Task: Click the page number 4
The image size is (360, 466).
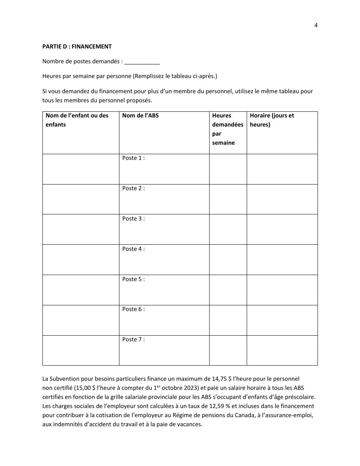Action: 316,25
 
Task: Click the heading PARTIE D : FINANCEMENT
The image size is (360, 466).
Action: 77,47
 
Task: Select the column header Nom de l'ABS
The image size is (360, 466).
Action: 140,116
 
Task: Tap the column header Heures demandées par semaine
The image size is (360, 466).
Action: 227,129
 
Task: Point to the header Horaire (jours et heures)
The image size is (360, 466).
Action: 272,120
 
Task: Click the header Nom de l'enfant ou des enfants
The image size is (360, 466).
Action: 77,120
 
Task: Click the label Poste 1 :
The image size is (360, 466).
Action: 133,158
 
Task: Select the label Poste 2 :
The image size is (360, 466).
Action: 133,188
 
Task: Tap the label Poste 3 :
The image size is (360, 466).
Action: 133,219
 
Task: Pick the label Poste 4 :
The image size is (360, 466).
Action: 133,249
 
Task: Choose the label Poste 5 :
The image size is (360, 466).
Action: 133,279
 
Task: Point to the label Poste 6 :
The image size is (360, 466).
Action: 133,309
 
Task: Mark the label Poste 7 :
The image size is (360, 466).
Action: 133,339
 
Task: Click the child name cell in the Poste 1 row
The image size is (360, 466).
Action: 81,169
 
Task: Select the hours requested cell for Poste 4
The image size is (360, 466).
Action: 228,260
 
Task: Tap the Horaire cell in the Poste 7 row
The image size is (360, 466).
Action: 282,350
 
